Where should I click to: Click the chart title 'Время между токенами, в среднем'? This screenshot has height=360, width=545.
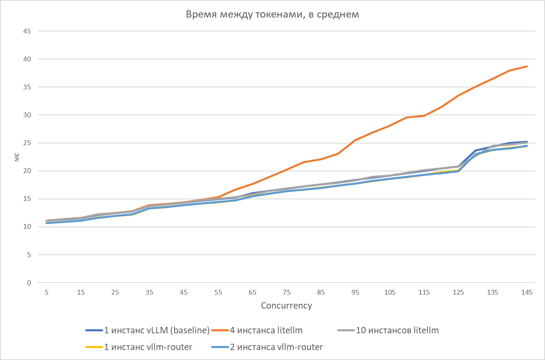(x=272, y=15)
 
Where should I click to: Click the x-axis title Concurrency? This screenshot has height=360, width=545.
(x=286, y=306)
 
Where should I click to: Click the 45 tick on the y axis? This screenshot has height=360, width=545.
(x=27, y=31)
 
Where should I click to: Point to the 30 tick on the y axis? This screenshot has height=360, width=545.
(x=27, y=115)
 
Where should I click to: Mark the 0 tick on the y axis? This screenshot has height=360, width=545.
(x=29, y=283)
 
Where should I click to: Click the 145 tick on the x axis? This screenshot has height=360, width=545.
(x=527, y=293)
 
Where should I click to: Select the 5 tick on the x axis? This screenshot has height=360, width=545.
(x=47, y=293)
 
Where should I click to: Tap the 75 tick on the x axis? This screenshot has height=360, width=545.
(x=287, y=293)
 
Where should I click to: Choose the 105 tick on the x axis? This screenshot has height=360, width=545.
(x=390, y=293)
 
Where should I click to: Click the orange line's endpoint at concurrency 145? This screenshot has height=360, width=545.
(x=527, y=66)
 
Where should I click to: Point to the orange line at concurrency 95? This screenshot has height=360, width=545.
(x=355, y=140)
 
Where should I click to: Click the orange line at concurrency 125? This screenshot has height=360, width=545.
(x=458, y=96)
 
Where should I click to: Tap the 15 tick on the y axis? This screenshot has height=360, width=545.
(x=27, y=199)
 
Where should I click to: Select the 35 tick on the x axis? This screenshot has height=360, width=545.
(x=149, y=293)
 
